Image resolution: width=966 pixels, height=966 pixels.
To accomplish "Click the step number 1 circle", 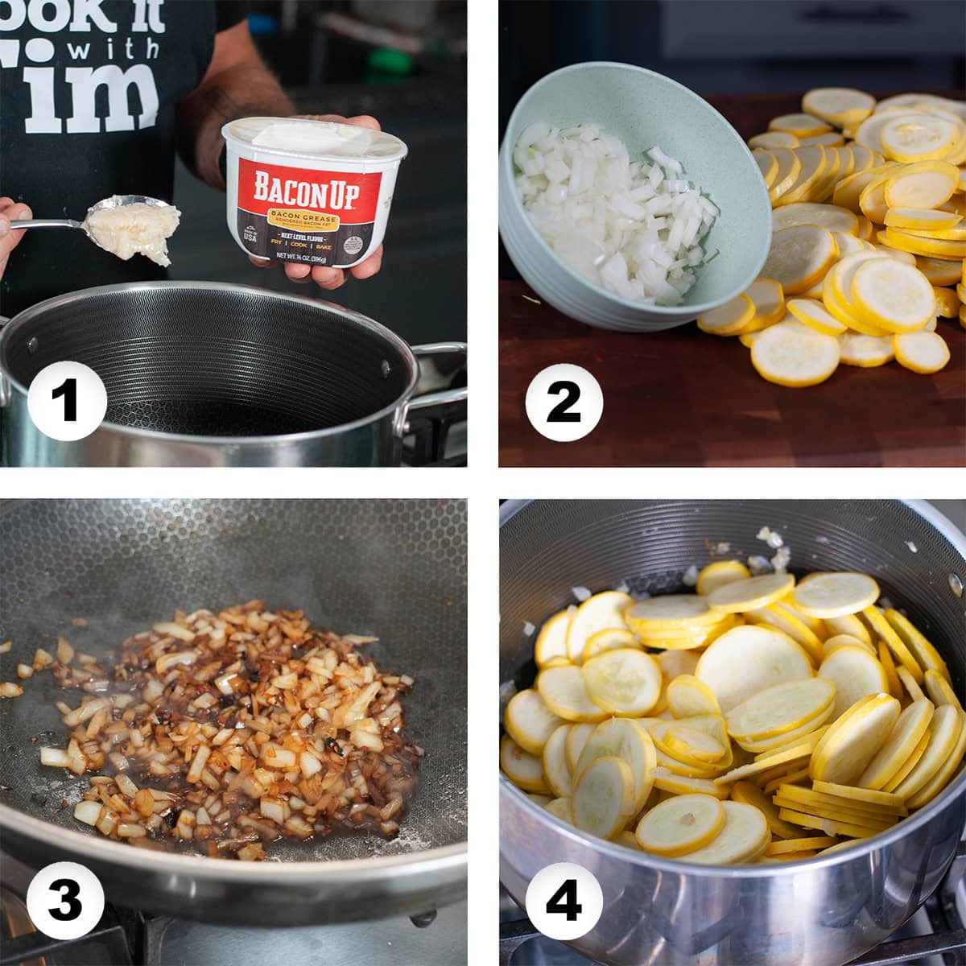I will [x=66, y=399].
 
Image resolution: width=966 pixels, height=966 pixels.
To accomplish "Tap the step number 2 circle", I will [x=563, y=399].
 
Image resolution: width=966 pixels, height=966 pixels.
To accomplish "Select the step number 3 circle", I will [x=66, y=899].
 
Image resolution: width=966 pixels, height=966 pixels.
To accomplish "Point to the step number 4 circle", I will [x=563, y=899].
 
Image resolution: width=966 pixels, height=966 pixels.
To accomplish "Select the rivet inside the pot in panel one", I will [x=32, y=345].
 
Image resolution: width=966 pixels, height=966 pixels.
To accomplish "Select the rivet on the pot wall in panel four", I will [x=954, y=581].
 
